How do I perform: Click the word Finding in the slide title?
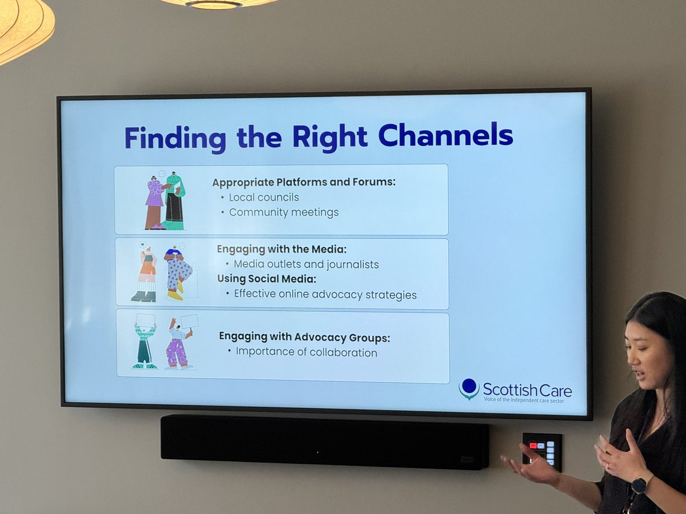[x=175, y=138]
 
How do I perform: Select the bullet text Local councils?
[x=264, y=198]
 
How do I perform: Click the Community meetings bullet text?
[x=284, y=212]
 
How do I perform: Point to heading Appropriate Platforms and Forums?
[x=304, y=183]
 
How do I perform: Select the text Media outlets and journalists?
[x=306, y=264]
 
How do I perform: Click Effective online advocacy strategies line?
[x=325, y=295]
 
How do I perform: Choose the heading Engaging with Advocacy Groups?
[x=304, y=337]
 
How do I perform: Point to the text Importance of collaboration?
[x=306, y=352]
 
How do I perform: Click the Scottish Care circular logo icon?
[x=469, y=388]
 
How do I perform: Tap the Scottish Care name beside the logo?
[x=527, y=389]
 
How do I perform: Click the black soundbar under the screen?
[x=324, y=441]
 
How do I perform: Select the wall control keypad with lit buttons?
[x=541, y=451]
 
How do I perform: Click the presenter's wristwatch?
[x=639, y=485]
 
